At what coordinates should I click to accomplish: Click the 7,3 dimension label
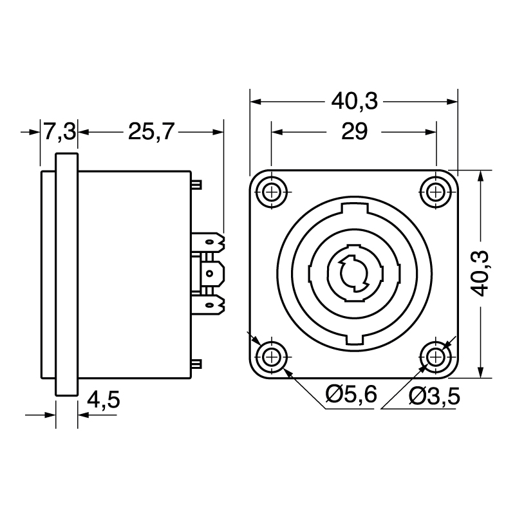[x=60, y=131]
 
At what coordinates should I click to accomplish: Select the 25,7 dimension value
[x=151, y=131]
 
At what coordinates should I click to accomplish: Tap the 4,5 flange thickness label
[x=104, y=400]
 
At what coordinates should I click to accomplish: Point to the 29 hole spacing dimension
[x=355, y=131]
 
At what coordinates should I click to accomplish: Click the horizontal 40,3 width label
[x=355, y=101]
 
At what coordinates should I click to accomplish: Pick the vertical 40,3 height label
[x=480, y=274]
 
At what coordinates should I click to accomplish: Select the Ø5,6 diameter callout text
[x=351, y=395]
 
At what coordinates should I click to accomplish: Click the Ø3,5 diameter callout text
[x=434, y=397]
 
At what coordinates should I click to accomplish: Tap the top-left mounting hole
[x=272, y=192]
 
